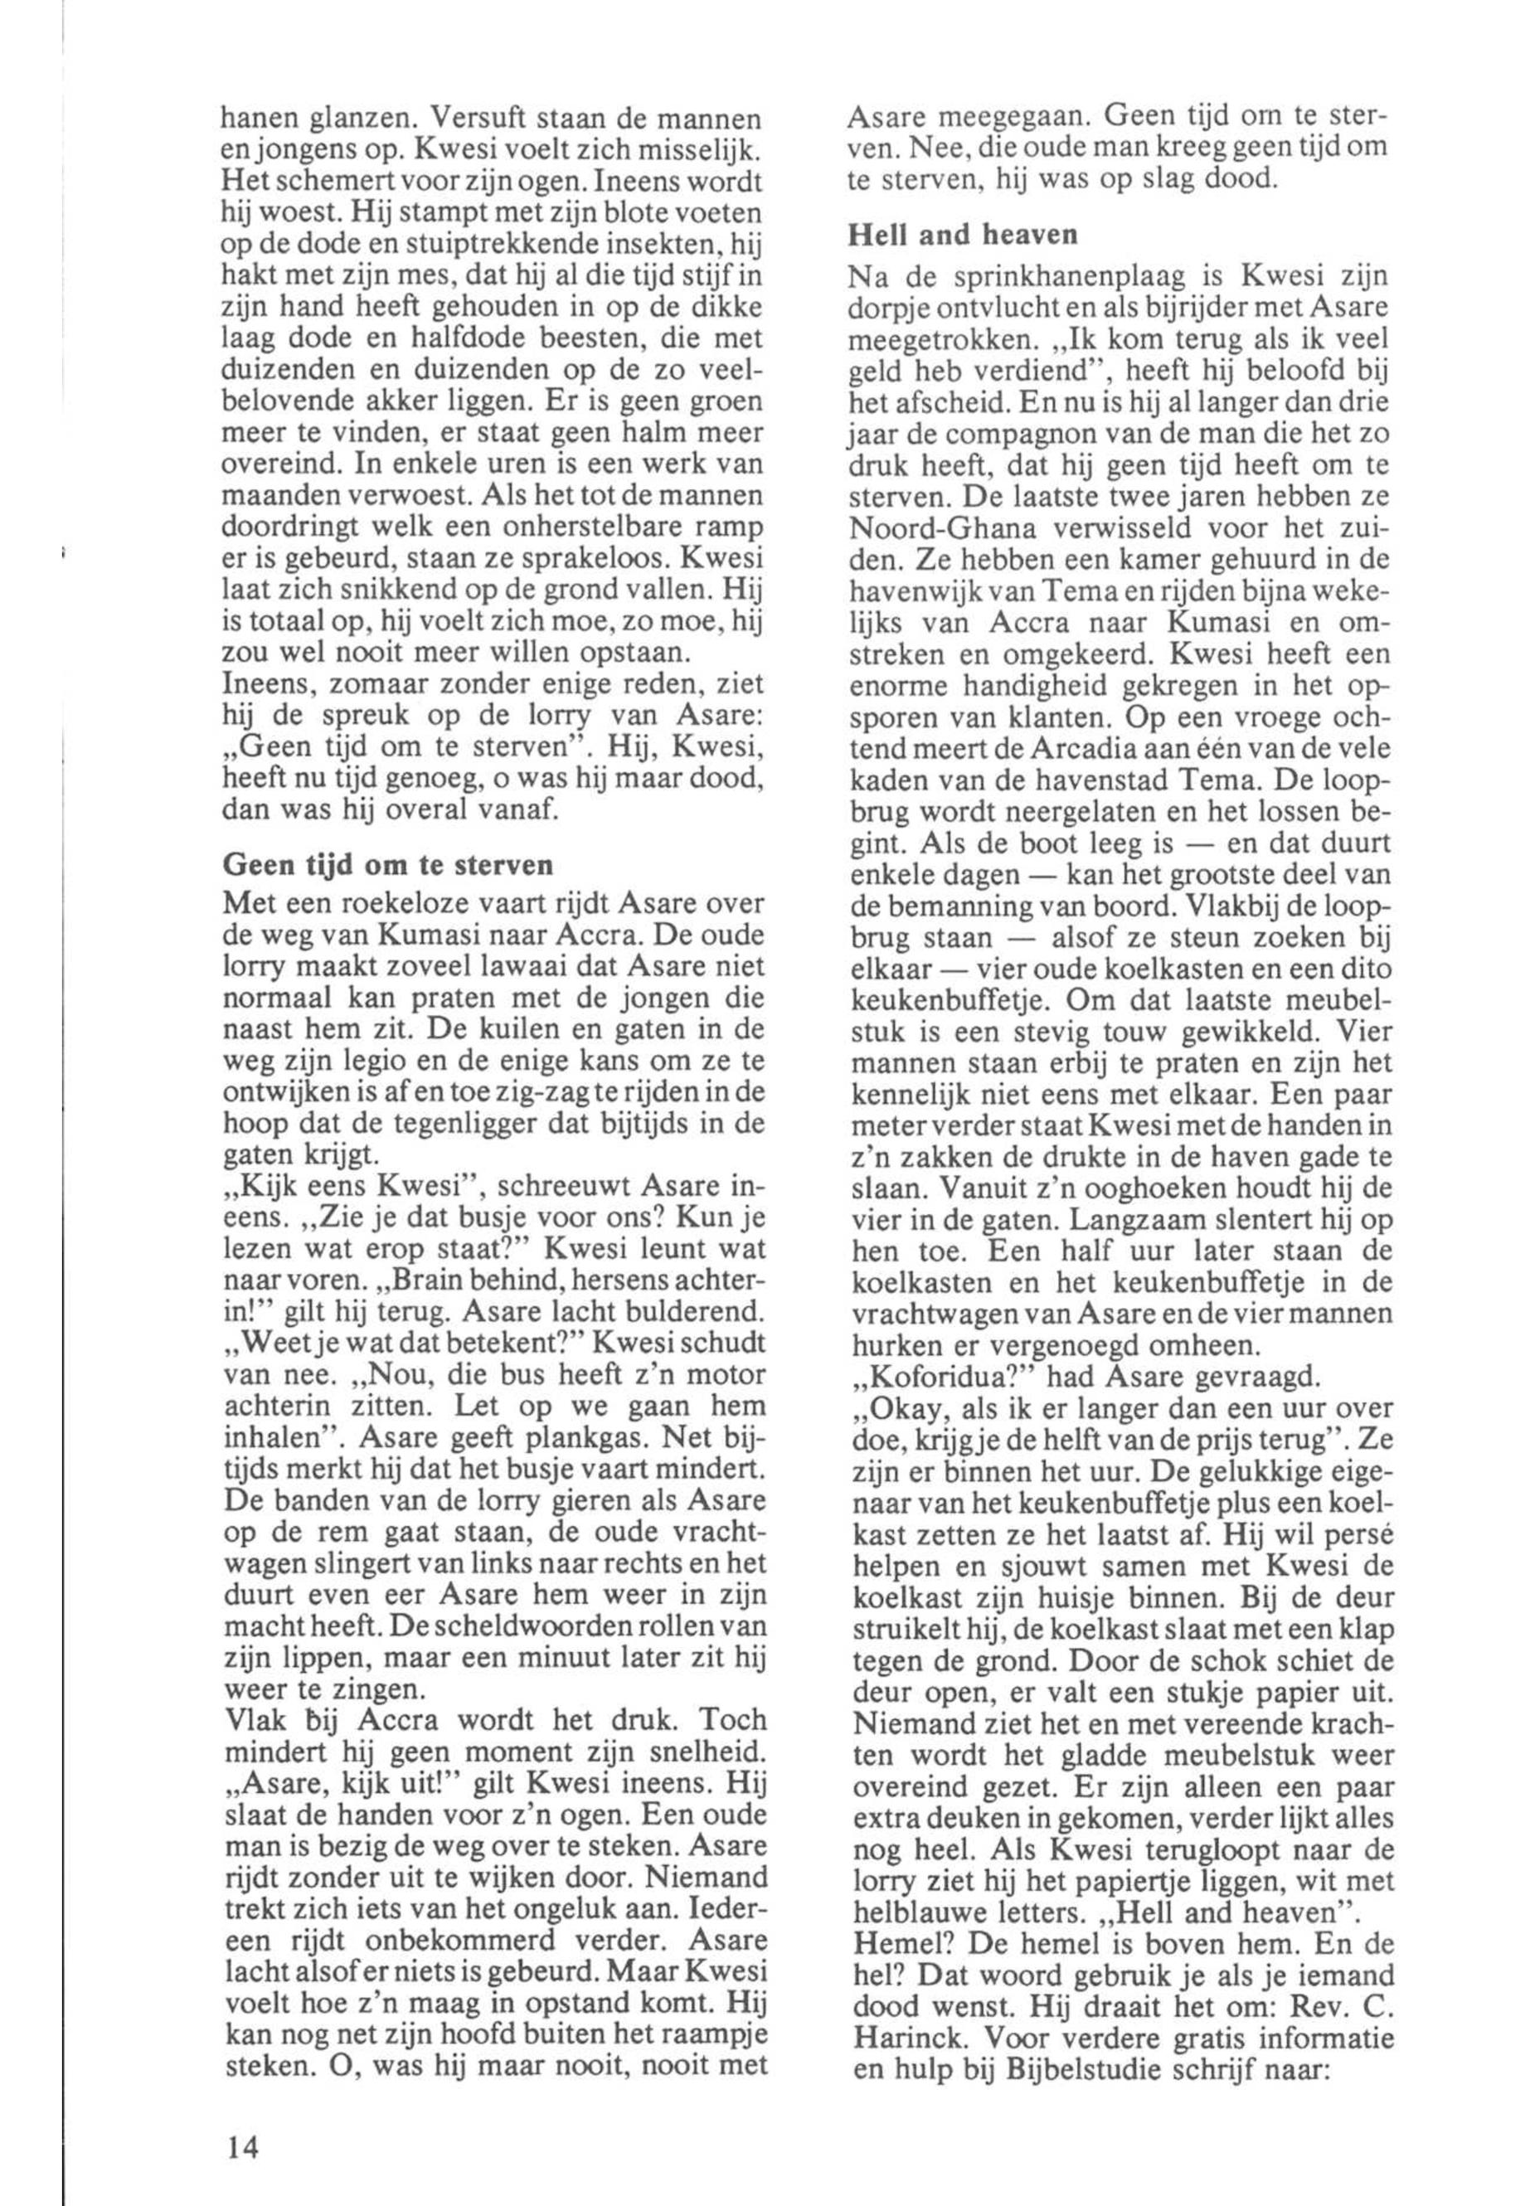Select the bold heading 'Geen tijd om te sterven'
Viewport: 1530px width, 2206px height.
[x=387, y=864]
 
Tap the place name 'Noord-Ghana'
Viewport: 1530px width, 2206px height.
[x=940, y=528]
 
